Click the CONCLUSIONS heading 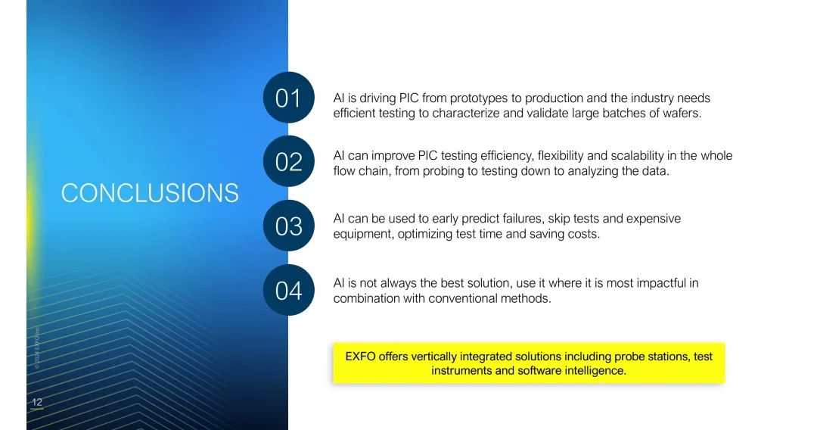point(150,193)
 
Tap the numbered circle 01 point(289,98)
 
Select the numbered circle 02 point(289,161)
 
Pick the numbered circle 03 point(289,225)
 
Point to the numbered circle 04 point(289,290)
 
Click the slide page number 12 point(37,402)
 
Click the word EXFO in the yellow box point(360,357)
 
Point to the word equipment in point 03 point(363,235)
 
